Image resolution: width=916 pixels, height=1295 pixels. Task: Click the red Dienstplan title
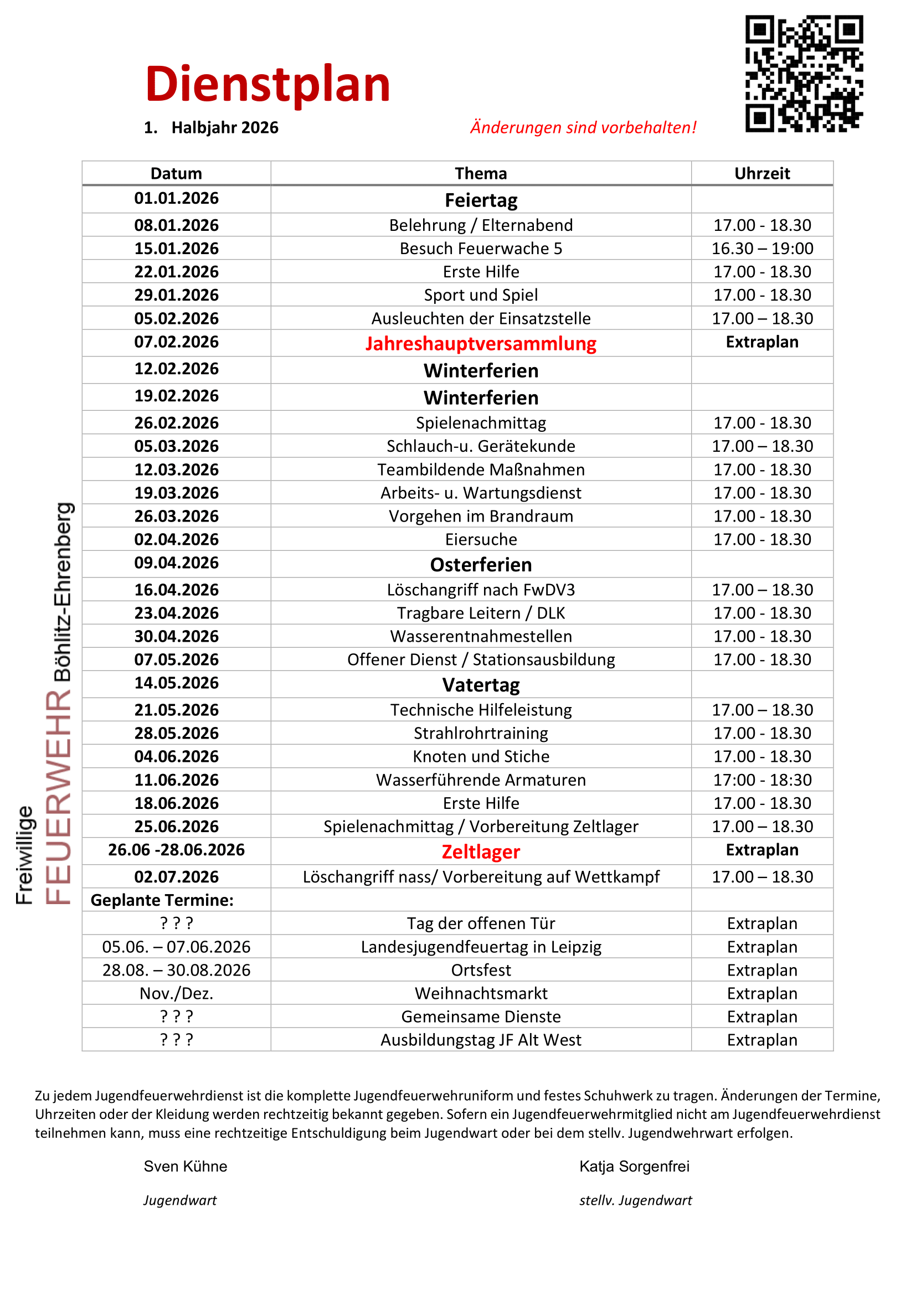(x=268, y=85)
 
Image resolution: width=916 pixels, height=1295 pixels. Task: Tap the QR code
(x=804, y=74)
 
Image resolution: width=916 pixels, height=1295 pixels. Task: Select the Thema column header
(x=481, y=173)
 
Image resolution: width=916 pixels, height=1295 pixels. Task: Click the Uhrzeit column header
(x=762, y=173)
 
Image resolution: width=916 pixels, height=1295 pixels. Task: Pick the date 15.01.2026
(x=176, y=249)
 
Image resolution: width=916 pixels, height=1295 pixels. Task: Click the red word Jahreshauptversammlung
(x=481, y=343)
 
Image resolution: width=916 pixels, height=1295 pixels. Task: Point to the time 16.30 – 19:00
(x=762, y=249)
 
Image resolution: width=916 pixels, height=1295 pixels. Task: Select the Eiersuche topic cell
(x=481, y=540)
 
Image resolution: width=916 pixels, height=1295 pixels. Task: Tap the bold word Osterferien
(x=481, y=565)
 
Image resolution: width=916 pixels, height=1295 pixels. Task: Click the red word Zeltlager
(x=481, y=852)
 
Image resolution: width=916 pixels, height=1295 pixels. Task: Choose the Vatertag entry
(x=481, y=685)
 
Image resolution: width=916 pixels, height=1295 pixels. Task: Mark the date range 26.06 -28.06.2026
(x=176, y=850)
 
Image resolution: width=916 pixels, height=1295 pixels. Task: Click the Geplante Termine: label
(x=162, y=900)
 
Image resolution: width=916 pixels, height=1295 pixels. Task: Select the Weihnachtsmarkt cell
(x=481, y=993)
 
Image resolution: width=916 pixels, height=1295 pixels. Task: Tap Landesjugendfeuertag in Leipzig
(x=481, y=947)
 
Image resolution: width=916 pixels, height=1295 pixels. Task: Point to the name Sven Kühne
(x=185, y=1167)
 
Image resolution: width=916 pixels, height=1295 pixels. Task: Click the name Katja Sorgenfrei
(x=634, y=1167)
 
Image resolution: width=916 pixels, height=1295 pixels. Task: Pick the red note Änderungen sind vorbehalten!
(x=583, y=127)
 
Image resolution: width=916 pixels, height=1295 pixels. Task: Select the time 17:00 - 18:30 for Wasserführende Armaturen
(x=762, y=780)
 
